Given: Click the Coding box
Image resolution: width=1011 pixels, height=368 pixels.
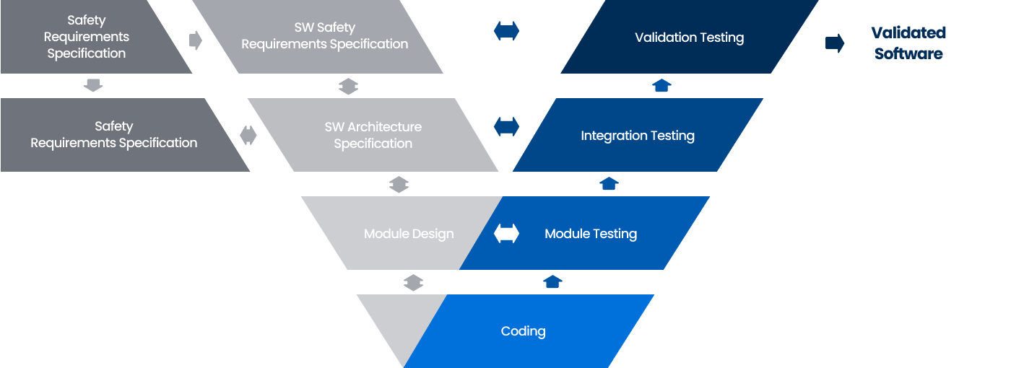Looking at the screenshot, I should tap(524, 331).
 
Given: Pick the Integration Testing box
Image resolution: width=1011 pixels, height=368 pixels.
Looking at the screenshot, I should tap(638, 136).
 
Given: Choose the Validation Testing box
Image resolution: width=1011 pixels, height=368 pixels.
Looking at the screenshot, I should tap(690, 38).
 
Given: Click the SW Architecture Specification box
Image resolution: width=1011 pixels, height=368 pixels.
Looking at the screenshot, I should tap(373, 136).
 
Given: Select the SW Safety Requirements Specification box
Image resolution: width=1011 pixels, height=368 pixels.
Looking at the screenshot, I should tap(324, 37).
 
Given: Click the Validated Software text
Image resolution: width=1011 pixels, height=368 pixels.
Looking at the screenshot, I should tap(908, 43).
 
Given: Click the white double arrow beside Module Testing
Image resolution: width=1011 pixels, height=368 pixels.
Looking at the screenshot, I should tap(506, 233).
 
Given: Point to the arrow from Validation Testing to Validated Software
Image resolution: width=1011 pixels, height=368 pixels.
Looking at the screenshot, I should tap(835, 43).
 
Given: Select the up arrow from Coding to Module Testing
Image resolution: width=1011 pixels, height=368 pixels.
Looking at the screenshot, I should tap(552, 281).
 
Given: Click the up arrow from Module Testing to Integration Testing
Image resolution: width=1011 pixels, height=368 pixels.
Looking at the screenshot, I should tap(609, 184).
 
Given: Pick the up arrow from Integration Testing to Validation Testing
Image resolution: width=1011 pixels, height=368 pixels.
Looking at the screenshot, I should tap(661, 86).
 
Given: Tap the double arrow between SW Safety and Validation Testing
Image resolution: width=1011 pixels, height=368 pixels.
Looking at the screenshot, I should tap(506, 31).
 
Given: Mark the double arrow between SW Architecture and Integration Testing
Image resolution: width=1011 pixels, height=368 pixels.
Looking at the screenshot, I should tap(506, 126).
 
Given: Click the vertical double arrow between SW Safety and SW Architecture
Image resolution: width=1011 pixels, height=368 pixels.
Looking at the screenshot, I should tap(348, 87).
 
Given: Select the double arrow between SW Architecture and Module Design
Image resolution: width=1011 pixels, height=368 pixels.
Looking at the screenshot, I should tap(399, 185).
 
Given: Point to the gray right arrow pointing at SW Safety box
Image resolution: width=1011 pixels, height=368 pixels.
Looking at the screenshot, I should tap(195, 40).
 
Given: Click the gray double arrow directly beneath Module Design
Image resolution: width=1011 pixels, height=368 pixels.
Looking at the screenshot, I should tap(413, 282).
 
